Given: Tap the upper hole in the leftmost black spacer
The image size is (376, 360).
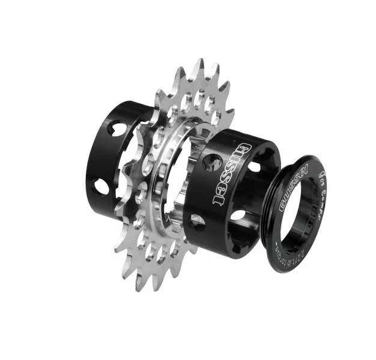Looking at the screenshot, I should coord(117,128).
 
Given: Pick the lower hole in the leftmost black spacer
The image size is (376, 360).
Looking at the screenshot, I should coord(101,187).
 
